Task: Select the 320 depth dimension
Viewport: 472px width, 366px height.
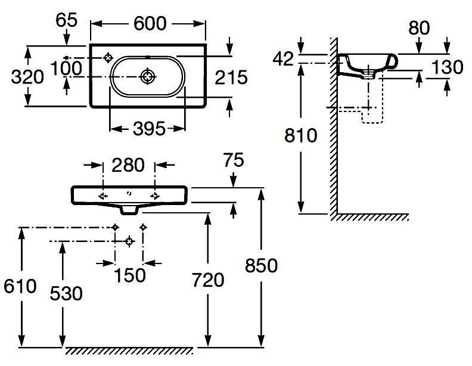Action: click(x=27, y=77)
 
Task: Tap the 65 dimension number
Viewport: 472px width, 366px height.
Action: click(x=66, y=20)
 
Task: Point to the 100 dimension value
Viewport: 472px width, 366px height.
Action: click(x=66, y=68)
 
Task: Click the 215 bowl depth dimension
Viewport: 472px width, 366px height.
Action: click(x=231, y=77)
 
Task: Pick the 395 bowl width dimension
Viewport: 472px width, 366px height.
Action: click(x=147, y=129)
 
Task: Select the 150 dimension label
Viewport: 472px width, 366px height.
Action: click(x=129, y=275)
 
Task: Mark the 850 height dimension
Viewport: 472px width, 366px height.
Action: click(x=261, y=265)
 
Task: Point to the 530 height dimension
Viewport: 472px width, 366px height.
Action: click(x=66, y=293)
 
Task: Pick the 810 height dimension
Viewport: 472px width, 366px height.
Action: click(x=301, y=135)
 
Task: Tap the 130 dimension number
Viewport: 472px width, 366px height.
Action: click(x=447, y=67)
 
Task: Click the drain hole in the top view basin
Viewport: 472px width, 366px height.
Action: click(x=147, y=77)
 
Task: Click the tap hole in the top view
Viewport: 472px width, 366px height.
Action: click(x=108, y=57)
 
